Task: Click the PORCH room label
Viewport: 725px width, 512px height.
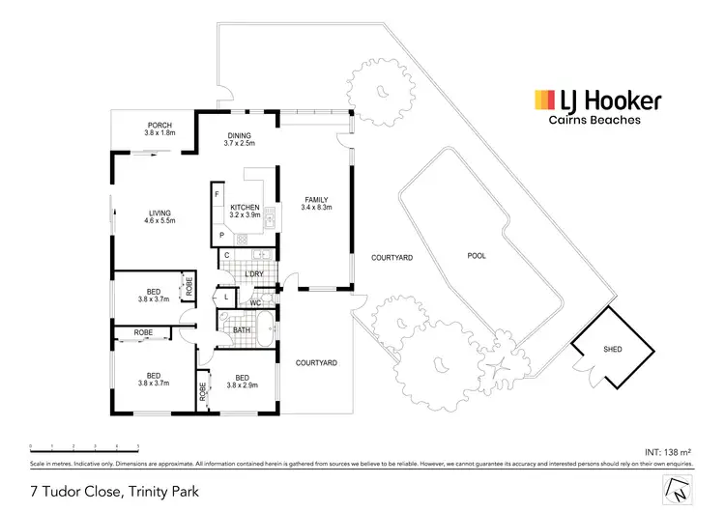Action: [159, 126]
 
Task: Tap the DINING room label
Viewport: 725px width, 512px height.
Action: [239, 135]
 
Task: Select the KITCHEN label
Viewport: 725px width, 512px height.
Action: [245, 208]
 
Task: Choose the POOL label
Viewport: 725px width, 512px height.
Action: [477, 256]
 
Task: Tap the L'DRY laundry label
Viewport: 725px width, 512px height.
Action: [254, 274]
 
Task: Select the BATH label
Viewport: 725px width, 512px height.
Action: [243, 330]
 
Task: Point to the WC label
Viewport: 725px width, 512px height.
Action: [255, 303]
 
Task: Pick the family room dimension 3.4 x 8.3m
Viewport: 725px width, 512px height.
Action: [316, 207]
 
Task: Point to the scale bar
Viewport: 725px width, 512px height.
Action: [84, 446]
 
